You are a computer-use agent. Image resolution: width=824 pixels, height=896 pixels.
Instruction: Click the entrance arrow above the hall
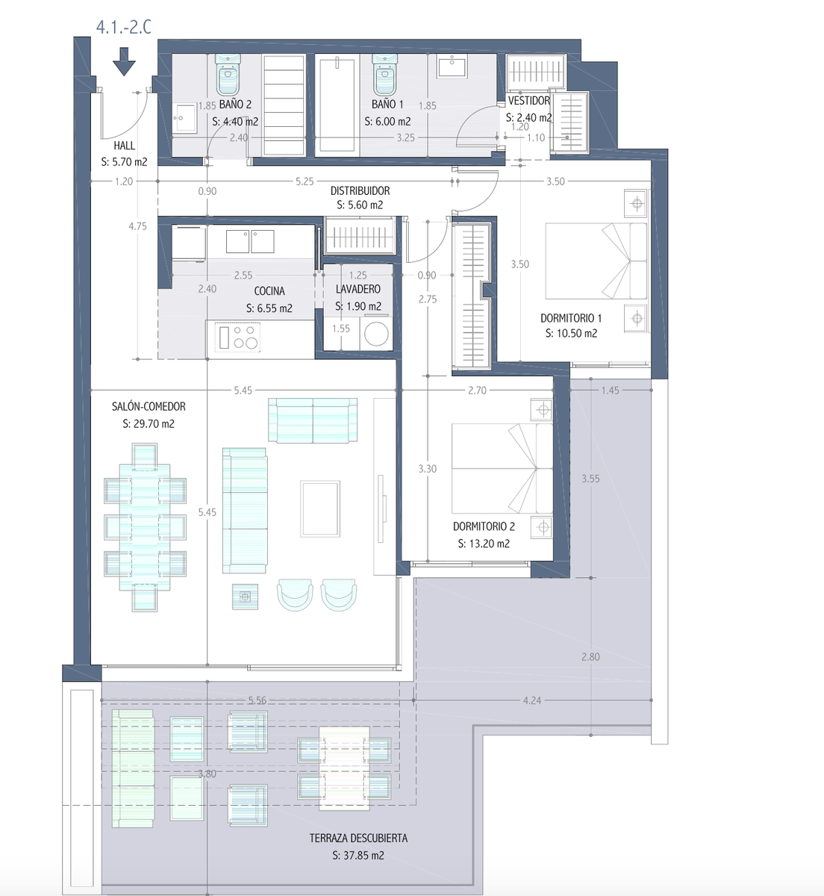pos(124,62)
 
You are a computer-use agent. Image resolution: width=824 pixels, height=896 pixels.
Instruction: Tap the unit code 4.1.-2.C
pos(124,27)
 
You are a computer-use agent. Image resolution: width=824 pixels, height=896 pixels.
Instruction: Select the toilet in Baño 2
pos(228,74)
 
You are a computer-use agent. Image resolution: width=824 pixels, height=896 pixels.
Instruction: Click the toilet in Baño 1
pos(384,74)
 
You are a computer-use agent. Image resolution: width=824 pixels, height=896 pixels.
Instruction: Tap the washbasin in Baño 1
pos(452,66)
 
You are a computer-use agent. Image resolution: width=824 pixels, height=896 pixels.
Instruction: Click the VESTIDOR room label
pos(529,101)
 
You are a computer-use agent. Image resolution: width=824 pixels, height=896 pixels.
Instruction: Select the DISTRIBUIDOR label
pos(360,190)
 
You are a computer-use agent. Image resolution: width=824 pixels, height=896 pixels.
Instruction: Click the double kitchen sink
pos(250,241)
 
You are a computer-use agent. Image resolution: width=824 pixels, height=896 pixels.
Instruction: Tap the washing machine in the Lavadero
pos(376,334)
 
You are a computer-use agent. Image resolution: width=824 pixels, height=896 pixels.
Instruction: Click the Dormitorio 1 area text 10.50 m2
pos(571,333)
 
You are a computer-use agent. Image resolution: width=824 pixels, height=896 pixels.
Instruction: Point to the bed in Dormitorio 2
pos(502,469)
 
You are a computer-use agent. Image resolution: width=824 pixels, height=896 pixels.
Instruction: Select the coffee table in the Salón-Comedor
pos(319,508)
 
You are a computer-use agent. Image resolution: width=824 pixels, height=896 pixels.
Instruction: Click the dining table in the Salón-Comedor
pos(145,527)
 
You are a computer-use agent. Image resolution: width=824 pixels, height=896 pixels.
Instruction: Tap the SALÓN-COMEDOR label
pos(149,406)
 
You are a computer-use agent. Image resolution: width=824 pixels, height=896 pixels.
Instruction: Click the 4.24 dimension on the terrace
pos(532,700)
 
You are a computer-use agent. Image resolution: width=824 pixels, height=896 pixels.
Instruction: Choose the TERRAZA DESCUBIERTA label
pos(358,838)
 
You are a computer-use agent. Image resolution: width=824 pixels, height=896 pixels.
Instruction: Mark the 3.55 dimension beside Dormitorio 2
pos(590,479)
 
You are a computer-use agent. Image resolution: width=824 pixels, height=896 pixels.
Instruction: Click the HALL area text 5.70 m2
pos(124,162)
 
